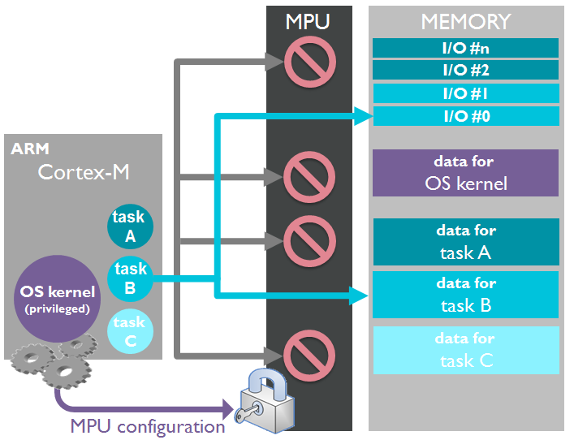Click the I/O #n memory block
(465, 48)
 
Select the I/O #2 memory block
(465, 71)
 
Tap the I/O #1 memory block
(465, 93)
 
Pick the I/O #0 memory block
(465, 116)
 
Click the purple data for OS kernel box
(465, 172)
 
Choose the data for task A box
(465, 242)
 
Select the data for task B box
(465, 295)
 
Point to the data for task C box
(465, 350)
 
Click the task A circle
(129, 226)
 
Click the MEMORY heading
(465, 21)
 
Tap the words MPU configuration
(147, 426)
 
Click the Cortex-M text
(84, 173)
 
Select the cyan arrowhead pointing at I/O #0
(362, 118)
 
